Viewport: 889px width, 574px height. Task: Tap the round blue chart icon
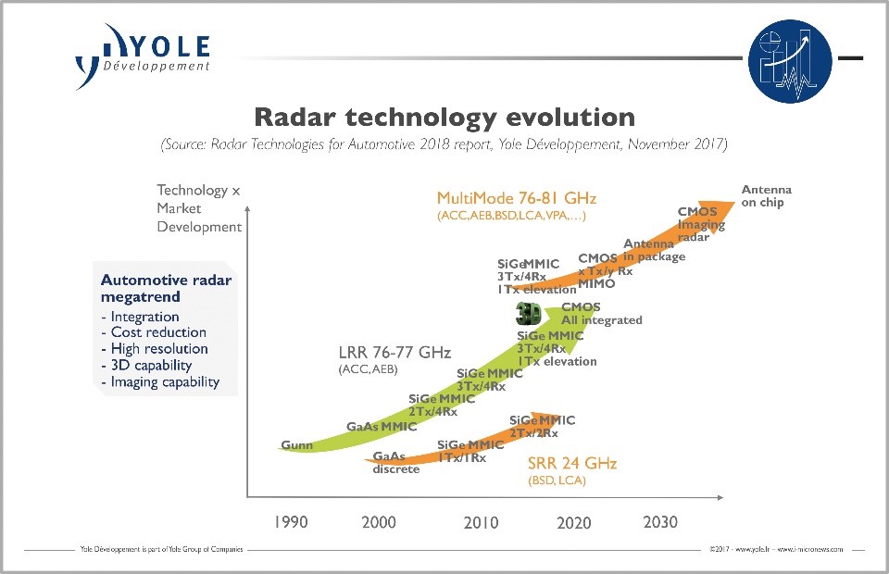click(788, 61)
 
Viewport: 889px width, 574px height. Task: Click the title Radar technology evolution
click(444, 118)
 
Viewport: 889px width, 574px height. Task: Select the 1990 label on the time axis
click(291, 522)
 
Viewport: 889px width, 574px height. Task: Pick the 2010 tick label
click(481, 523)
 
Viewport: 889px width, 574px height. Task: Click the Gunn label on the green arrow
click(297, 445)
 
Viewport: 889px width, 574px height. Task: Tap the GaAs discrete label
click(395, 462)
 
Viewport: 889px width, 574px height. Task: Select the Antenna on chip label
click(766, 196)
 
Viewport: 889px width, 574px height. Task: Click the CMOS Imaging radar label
click(701, 224)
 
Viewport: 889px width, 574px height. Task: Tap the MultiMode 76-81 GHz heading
click(517, 198)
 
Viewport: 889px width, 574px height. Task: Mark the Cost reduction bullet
click(157, 332)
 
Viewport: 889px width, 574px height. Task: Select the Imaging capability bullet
click(165, 381)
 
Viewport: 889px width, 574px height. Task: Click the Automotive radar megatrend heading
click(166, 288)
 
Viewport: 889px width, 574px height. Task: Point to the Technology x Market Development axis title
click(198, 208)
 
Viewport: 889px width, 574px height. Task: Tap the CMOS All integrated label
click(601, 314)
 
